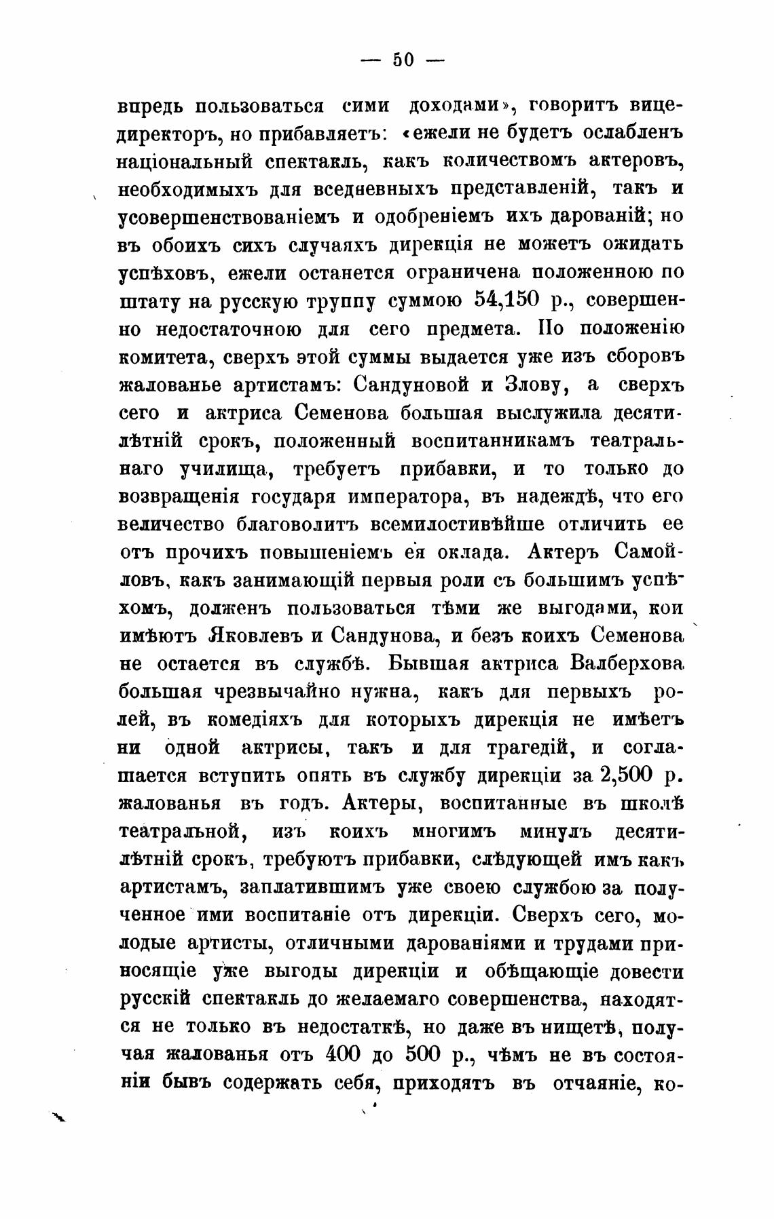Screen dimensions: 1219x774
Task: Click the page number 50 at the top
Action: coord(403,60)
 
